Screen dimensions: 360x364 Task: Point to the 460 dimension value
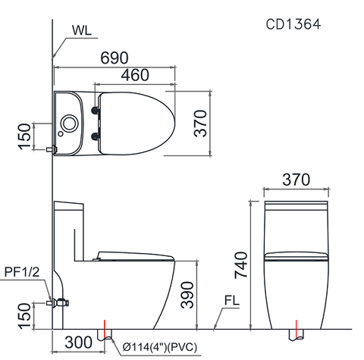click(133, 75)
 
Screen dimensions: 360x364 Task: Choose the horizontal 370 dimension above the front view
click(296, 180)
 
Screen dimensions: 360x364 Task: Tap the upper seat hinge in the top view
click(96, 110)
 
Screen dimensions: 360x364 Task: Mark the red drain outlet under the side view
click(105, 334)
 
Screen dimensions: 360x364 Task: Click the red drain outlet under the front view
click(296, 334)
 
